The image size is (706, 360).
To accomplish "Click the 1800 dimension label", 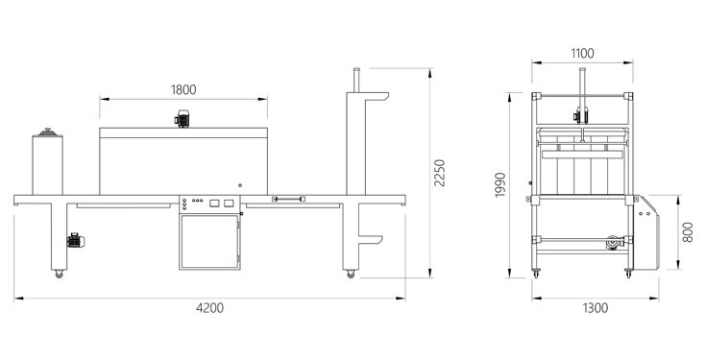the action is (183, 90).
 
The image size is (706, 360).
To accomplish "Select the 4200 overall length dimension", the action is (209, 308).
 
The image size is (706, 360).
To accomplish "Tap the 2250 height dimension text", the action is (440, 173).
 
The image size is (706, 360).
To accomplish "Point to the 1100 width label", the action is (583, 54).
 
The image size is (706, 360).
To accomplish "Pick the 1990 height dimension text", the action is (500, 184).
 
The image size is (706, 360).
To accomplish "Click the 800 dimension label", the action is (688, 232).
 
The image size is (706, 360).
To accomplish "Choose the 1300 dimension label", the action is (596, 308).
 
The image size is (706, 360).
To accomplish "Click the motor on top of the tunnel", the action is (183, 119).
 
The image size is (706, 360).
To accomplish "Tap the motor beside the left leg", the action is (75, 241).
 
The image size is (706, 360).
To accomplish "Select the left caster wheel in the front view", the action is (59, 274).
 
